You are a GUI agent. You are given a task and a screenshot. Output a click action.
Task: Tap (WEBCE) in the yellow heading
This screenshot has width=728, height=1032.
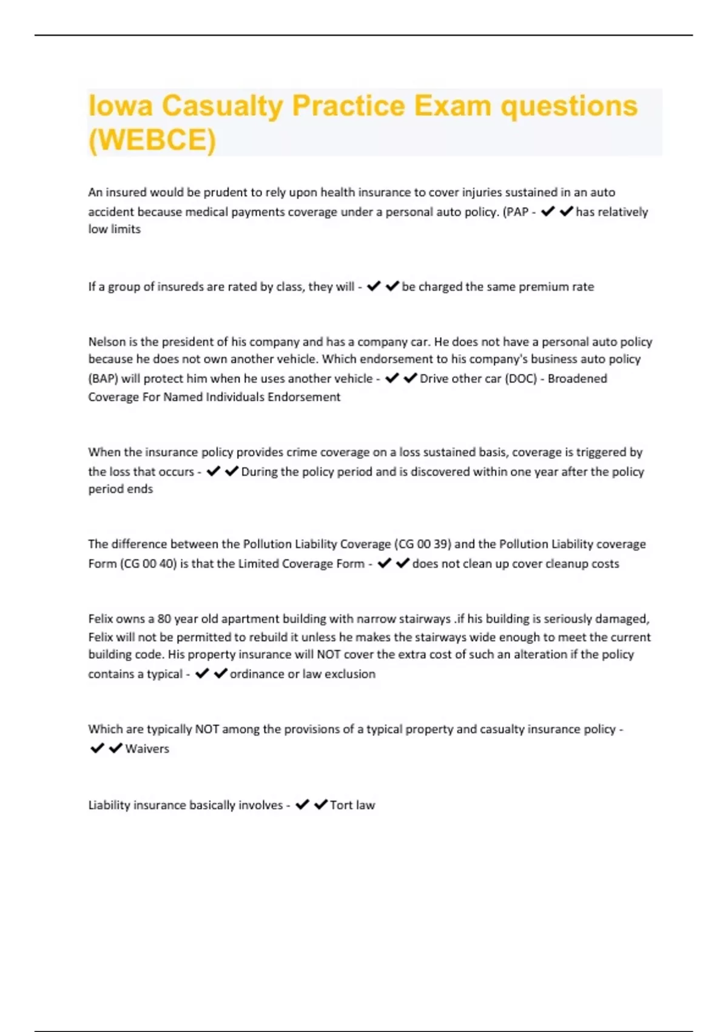[152, 140]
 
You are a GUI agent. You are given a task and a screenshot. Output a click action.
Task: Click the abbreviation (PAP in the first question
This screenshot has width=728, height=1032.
[516, 212]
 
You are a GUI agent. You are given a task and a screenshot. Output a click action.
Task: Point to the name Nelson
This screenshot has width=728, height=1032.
[105, 342]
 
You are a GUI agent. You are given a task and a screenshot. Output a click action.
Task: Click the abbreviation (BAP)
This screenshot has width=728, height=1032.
[103, 379]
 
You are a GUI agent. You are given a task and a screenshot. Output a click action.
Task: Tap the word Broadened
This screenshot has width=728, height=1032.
[578, 379]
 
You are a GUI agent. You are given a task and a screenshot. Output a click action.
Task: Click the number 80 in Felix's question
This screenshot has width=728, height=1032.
[164, 619]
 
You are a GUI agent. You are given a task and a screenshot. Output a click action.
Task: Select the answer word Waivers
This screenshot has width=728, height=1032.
[147, 749]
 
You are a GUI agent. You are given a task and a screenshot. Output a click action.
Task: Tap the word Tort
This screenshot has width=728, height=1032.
[342, 806]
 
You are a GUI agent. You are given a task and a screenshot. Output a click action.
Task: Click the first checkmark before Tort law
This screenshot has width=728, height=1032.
[302, 805]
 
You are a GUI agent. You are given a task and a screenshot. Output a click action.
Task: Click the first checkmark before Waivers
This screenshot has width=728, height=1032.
[97, 749]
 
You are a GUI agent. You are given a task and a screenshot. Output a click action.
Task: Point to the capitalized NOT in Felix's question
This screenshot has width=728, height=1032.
[328, 654]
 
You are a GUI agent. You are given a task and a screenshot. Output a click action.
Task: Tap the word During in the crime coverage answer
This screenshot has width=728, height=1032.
[259, 472]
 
